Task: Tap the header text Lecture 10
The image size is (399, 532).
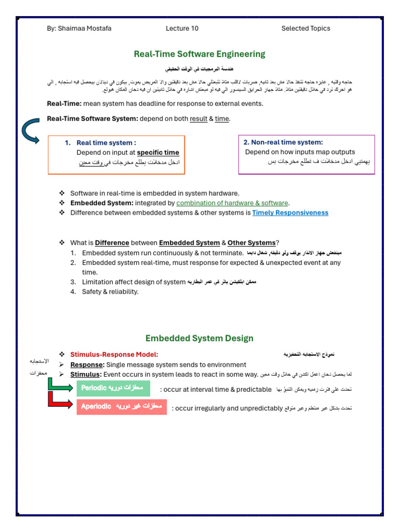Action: pos(182,29)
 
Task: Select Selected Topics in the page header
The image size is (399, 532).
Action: pos(305,29)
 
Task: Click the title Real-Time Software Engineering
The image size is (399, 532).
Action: pos(199,54)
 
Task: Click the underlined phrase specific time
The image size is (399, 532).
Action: pos(158,152)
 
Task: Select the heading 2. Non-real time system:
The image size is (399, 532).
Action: pos(283,142)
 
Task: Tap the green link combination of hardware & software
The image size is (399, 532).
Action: pos(232,203)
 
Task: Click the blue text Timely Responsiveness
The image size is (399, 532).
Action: pos(290,212)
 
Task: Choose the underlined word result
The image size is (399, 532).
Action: pos(198,118)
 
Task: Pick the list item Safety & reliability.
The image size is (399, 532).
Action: pos(110,291)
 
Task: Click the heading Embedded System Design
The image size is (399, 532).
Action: pos(199,338)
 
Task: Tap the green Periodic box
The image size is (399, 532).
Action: pos(113,389)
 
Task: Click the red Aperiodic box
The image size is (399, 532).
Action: pos(122,406)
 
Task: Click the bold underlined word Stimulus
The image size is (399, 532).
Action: pos(85,374)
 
